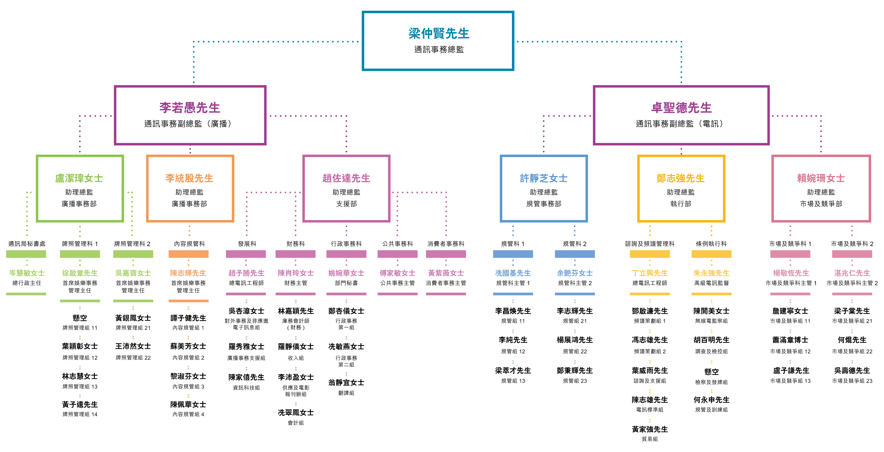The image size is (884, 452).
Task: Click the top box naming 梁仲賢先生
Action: [x=438, y=41]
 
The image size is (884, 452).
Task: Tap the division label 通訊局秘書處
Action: [x=27, y=244]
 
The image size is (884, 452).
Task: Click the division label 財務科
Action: [x=295, y=244]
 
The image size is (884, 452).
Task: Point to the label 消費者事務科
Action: [x=446, y=244]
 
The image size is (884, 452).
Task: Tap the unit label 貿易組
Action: [x=650, y=439]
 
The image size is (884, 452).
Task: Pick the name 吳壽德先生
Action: [x=852, y=371]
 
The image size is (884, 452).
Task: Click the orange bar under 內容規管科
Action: [x=188, y=254]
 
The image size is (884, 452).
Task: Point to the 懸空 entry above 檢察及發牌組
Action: [x=711, y=372]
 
